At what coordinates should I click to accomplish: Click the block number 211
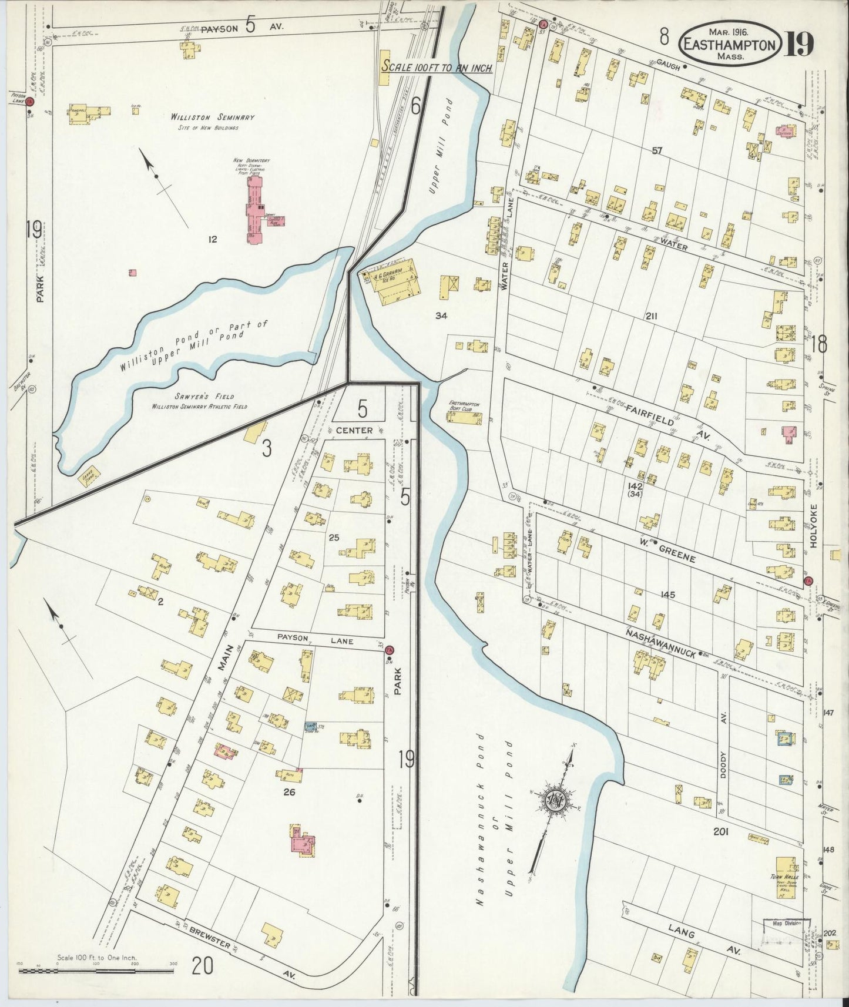[x=650, y=316]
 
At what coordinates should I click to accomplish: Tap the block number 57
[x=656, y=150]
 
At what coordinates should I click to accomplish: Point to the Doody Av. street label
[x=724, y=753]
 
